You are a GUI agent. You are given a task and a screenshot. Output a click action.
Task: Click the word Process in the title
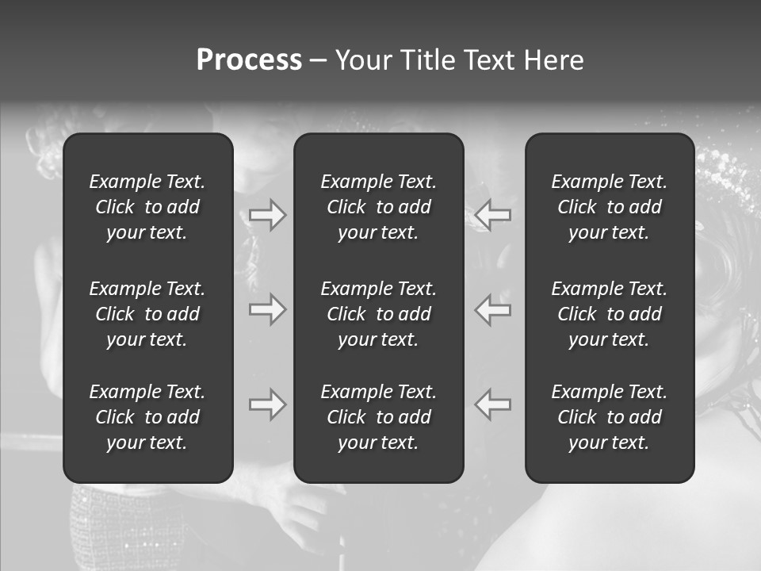click(249, 60)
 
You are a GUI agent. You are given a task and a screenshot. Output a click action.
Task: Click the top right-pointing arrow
click(268, 215)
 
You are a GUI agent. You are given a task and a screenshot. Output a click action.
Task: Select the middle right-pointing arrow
click(268, 309)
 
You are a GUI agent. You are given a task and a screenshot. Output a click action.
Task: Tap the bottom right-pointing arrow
click(268, 404)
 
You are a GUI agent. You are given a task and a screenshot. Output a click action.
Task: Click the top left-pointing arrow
click(493, 215)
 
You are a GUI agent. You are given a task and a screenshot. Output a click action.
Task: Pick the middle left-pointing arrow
click(493, 309)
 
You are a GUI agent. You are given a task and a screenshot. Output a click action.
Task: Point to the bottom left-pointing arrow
click(493, 404)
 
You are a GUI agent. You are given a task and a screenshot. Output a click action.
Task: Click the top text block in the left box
click(147, 207)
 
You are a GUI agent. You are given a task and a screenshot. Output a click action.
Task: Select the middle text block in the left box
click(147, 314)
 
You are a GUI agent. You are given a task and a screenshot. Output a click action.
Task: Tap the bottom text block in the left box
click(147, 417)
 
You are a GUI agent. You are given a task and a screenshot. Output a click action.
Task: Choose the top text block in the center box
click(379, 207)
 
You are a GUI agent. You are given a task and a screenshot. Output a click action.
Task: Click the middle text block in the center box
click(379, 314)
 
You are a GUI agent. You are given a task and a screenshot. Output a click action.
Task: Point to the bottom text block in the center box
click(379, 417)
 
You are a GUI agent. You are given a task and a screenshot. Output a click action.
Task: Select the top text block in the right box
click(610, 207)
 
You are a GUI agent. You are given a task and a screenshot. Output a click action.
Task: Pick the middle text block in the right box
click(610, 314)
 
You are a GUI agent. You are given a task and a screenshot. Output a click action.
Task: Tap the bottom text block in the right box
click(610, 417)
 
